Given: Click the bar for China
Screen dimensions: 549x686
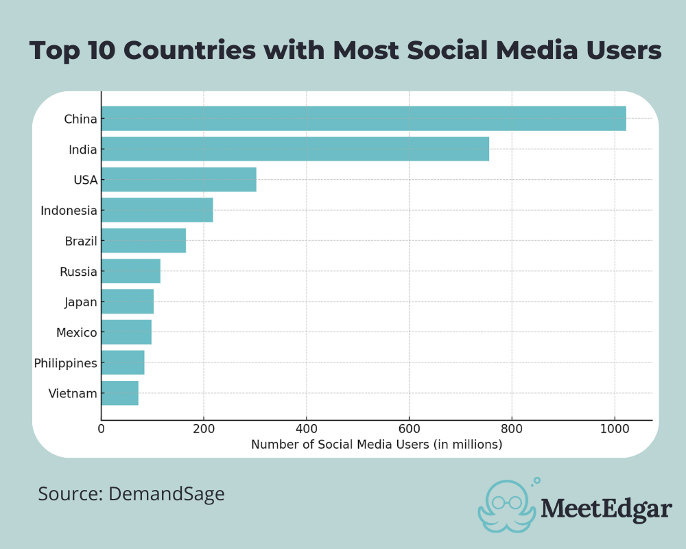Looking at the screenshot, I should [x=364, y=119].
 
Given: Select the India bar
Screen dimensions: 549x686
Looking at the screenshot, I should [x=295, y=149].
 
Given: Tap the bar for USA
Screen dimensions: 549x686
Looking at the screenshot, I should [x=178, y=180].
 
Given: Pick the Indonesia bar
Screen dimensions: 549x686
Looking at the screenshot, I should [x=157, y=210].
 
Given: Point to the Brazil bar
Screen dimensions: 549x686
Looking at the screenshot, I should [x=143, y=241].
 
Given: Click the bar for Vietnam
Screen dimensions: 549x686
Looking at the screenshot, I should [x=120, y=393].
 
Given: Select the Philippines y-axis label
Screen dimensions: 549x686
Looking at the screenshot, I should [x=66, y=363].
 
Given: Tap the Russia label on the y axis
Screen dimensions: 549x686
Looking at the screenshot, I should [x=78, y=272].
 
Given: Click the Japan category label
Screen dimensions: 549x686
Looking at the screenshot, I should [x=81, y=302].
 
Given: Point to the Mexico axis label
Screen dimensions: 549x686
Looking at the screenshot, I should [x=77, y=333].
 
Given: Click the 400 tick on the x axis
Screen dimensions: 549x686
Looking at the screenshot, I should [x=306, y=430].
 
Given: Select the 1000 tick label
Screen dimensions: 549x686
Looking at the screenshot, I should [x=614, y=430].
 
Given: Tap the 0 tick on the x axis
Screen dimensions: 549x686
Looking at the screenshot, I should [x=102, y=430].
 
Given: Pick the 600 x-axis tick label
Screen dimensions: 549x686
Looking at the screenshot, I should [x=409, y=430].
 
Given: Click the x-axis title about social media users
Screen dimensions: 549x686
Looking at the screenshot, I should [x=377, y=445].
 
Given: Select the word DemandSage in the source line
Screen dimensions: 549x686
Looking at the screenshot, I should [x=167, y=493].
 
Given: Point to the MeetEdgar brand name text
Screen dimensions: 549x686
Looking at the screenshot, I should [x=606, y=509].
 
